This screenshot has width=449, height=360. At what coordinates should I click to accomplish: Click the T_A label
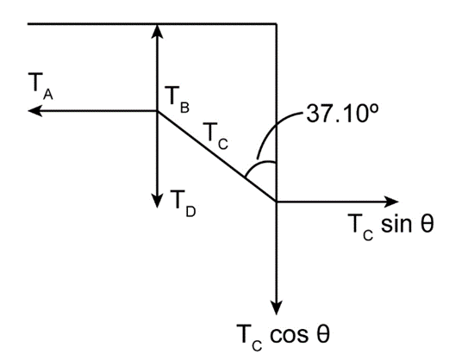coord(41,86)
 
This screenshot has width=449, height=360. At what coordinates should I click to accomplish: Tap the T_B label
coord(177,100)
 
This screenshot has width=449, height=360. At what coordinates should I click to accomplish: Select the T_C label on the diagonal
coord(215,136)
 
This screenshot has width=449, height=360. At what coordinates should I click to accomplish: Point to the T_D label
coord(183,203)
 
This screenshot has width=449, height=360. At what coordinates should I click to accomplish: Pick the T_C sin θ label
coord(390,227)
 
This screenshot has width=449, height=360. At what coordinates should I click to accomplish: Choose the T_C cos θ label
coord(283,337)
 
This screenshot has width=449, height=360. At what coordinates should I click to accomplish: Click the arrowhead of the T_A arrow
coord(34,111)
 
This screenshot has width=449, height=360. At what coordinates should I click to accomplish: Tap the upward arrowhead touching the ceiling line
coord(157,31)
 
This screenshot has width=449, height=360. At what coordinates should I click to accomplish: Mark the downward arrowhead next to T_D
coord(157,201)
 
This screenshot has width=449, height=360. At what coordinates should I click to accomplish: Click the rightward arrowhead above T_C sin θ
coord(391,202)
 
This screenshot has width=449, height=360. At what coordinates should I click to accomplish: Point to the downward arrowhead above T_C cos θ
coord(277,307)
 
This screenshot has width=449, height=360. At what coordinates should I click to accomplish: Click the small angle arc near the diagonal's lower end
coord(259,164)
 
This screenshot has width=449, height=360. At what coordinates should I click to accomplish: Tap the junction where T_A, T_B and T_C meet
coord(157,111)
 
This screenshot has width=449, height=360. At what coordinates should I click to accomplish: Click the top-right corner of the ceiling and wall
coord(277,24)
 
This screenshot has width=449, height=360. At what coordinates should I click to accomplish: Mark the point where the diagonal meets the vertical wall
coord(277,202)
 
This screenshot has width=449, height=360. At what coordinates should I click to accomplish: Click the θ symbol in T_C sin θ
coord(427,223)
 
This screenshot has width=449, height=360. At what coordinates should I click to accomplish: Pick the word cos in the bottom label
coord(289,335)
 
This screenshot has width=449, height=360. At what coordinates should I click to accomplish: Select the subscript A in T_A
coord(48,95)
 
